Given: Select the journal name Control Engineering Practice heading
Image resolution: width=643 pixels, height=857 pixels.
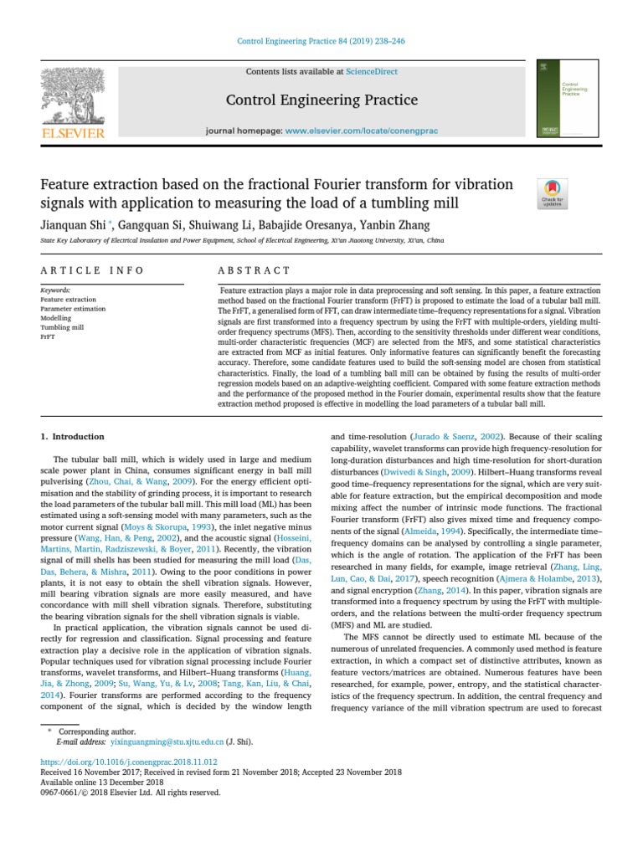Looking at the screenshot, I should coord(321,100).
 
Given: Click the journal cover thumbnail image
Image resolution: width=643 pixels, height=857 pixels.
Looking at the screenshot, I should coord(567,98).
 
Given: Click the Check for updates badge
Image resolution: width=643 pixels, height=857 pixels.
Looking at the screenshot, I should coord(553,192).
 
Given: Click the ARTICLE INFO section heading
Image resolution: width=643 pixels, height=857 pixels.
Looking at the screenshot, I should coord(92,270).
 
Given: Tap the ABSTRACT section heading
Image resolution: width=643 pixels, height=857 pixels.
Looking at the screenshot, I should coord(254,270).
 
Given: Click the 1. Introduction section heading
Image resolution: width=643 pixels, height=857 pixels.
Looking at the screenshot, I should coord(73,437).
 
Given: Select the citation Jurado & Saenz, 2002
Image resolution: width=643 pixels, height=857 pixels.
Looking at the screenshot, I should coord(445,437).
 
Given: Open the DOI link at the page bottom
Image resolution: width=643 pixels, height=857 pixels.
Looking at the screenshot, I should coord(129,762).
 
